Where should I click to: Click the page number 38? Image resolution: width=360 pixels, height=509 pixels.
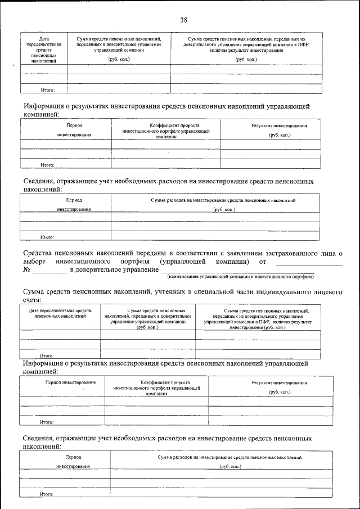[x=183, y=20]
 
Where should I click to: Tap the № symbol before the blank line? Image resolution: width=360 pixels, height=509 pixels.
[x=26, y=271]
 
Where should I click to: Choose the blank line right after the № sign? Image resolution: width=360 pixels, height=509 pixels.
[x=49, y=272]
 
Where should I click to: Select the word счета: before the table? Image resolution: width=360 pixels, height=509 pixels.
[x=35, y=300]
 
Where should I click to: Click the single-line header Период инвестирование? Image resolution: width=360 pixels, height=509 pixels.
[x=62, y=382]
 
